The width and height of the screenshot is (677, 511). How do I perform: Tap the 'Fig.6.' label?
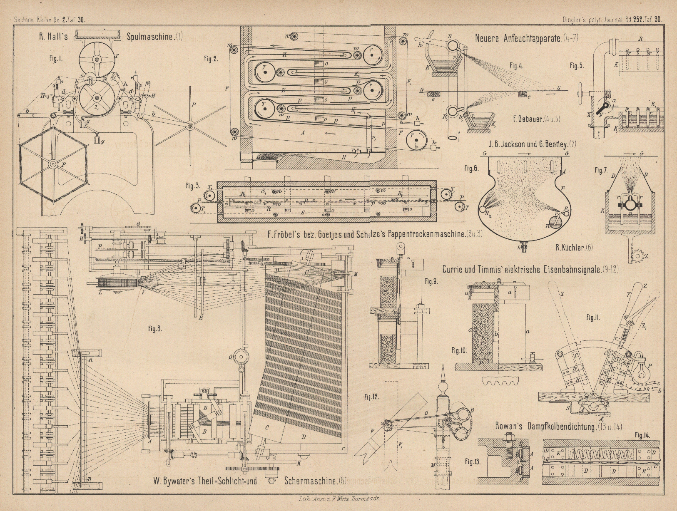click(x=472, y=169)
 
